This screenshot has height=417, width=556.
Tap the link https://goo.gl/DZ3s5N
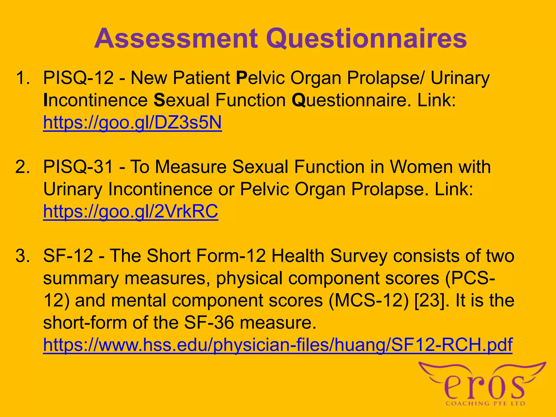point(132,122)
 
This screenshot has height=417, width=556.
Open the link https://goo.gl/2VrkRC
point(131,211)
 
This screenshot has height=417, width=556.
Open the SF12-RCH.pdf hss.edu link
point(277,345)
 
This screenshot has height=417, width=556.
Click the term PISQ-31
point(78,167)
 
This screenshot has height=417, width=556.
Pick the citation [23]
point(431,301)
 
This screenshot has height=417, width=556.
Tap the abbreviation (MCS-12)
point(368,301)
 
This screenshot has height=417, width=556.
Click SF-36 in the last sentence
point(209,323)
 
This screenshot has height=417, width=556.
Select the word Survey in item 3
point(359,256)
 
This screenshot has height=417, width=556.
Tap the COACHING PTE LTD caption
point(485,404)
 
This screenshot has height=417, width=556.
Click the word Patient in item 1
point(201,78)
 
